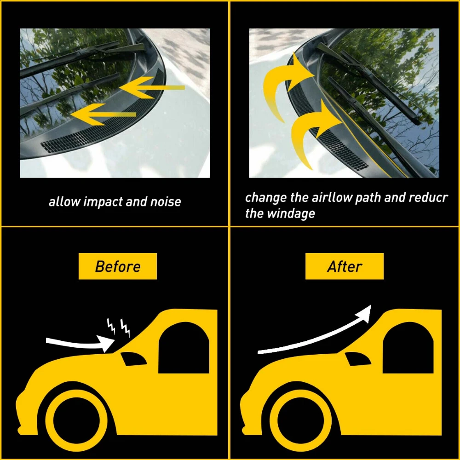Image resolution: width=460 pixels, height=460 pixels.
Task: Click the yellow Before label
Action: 118,266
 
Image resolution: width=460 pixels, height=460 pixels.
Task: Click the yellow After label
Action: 345,266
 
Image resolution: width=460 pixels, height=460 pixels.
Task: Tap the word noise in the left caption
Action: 166,201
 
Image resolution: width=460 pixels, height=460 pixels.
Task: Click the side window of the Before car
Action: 184,349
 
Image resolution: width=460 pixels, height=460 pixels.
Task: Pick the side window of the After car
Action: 408,349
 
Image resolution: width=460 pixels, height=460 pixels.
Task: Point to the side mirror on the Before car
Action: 133,358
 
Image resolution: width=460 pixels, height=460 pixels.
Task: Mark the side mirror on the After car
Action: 357,358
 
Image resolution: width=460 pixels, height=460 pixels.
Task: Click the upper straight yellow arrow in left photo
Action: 152,87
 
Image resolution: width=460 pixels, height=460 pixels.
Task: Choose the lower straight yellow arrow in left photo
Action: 103,115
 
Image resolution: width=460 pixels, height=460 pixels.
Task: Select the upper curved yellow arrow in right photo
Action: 282,85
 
